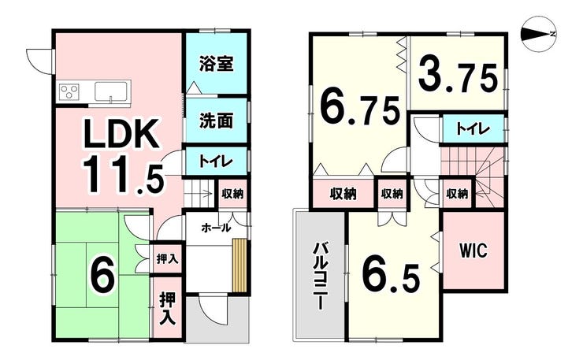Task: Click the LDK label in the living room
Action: point(121,133)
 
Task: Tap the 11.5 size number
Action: point(124,175)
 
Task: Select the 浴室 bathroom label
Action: point(216,63)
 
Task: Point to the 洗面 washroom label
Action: point(216,121)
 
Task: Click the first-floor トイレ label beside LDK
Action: point(216,161)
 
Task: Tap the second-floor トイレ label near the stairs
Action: point(472,129)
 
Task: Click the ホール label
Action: point(216,228)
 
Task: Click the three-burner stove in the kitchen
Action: point(69,91)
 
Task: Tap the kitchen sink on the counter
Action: point(111,91)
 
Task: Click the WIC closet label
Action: point(473,251)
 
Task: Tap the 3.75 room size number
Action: point(458,78)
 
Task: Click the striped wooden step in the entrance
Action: point(240,265)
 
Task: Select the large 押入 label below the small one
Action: point(168,309)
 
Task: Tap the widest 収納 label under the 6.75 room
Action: point(343,194)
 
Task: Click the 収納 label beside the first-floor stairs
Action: point(232,194)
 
